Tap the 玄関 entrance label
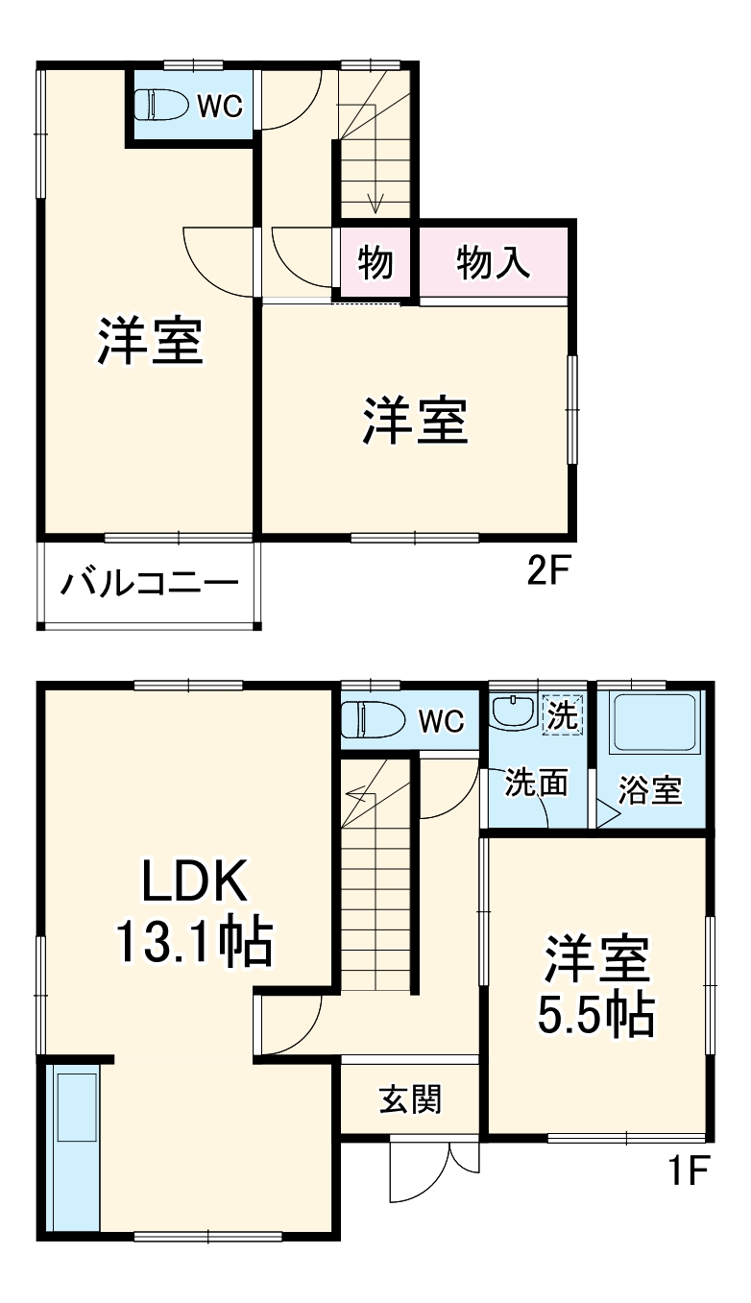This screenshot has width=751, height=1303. tap(410, 1099)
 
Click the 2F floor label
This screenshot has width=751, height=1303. tap(548, 572)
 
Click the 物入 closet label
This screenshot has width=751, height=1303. tap(494, 262)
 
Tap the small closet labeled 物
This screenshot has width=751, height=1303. tap(375, 262)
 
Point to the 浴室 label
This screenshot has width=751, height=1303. tap(650, 790)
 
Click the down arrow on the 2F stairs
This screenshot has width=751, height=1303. tap(375, 202)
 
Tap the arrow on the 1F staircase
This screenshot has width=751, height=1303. tap(357, 794)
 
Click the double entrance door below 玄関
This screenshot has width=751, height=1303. tap(434, 1166)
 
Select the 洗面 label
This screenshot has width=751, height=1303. tap(537, 783)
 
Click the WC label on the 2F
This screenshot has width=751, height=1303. tap(220, 106)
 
